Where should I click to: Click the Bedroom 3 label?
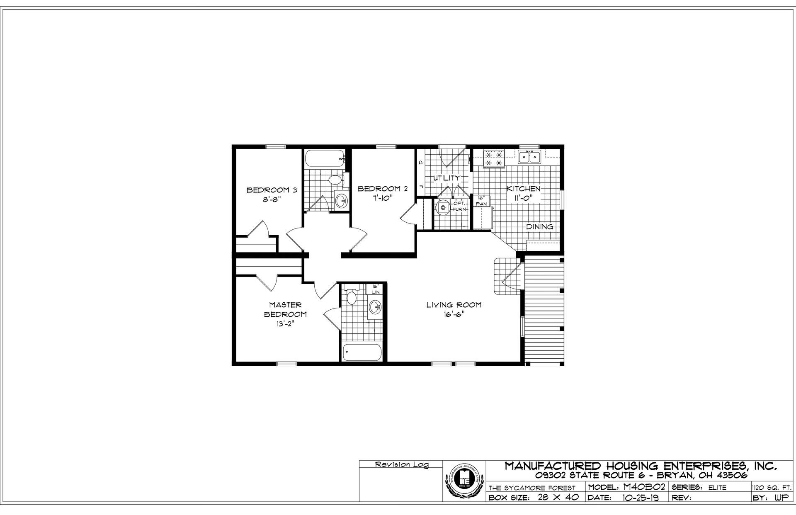(272, 190)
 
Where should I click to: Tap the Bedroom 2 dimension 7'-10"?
(382, 198)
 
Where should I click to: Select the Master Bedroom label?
(285, 309)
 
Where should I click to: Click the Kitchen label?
(523, 189)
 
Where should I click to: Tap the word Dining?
(539, 227)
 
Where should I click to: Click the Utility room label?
(447, 178)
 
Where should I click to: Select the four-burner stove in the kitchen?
(494, 159)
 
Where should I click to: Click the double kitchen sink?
(529, 157)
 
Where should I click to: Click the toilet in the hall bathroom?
(334, 180)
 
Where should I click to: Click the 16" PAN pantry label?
(481, 201)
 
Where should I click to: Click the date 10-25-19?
(640, 498)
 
